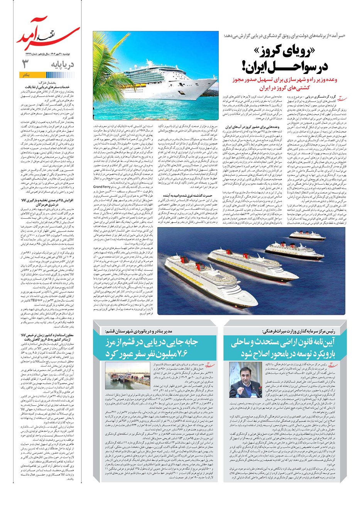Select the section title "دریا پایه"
click(62, 64)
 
